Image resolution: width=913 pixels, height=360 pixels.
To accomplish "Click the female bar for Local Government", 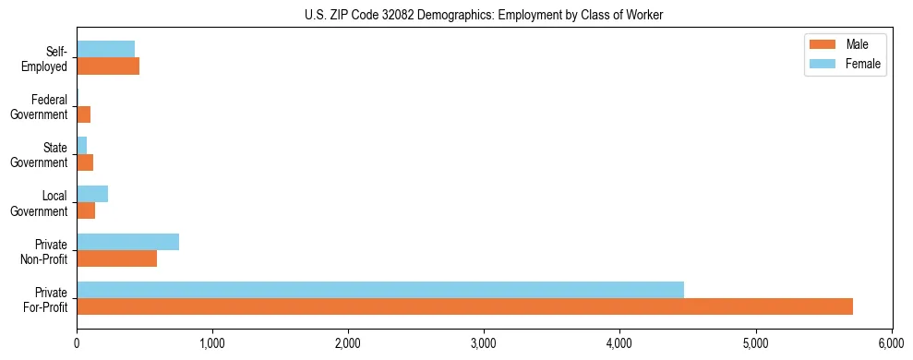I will [92, 194].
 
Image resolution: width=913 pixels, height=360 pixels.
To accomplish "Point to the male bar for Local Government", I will [86, 210].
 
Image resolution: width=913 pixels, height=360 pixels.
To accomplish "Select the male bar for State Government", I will [85, 162].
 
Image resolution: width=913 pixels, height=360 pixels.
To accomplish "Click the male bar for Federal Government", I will [83, 114].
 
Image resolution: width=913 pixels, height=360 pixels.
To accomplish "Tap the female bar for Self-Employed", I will [105, 49].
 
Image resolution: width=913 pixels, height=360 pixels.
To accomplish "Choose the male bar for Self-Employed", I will [108, 66].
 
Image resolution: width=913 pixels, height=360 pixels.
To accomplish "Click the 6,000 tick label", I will [892, 342].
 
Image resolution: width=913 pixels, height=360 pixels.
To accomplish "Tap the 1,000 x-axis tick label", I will [212, 342].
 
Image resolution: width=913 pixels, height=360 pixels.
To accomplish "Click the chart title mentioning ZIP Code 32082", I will [484, 15].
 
